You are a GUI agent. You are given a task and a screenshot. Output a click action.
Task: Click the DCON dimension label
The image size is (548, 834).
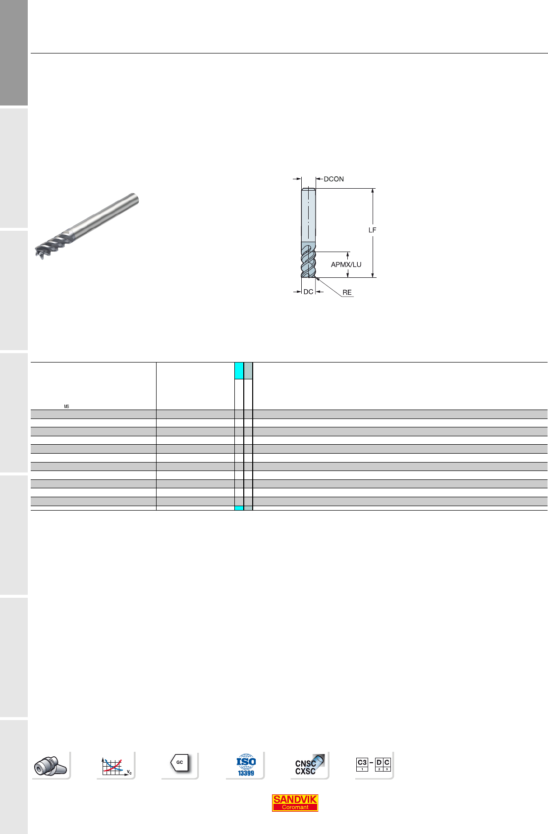pos(333,179)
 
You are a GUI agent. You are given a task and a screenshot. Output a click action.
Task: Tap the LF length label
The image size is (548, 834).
pos(372,230)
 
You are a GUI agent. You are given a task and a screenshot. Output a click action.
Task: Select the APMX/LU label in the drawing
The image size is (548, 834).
pos(346,265)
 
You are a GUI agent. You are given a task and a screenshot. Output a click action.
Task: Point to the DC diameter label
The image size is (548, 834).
pos(309,292)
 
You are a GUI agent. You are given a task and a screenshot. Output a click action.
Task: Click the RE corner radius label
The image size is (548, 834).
pos(347,293)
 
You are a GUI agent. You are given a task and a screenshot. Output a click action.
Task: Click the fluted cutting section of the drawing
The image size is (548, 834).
pos(309,261)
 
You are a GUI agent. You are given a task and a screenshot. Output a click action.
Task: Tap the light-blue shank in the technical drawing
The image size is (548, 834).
pos(309,215)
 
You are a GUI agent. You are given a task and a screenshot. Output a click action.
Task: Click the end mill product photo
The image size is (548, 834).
pos(87,226)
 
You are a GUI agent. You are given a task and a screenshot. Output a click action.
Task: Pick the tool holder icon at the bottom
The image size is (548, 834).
pos(51,765)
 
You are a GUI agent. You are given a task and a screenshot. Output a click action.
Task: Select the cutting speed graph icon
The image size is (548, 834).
pos(116,765)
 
